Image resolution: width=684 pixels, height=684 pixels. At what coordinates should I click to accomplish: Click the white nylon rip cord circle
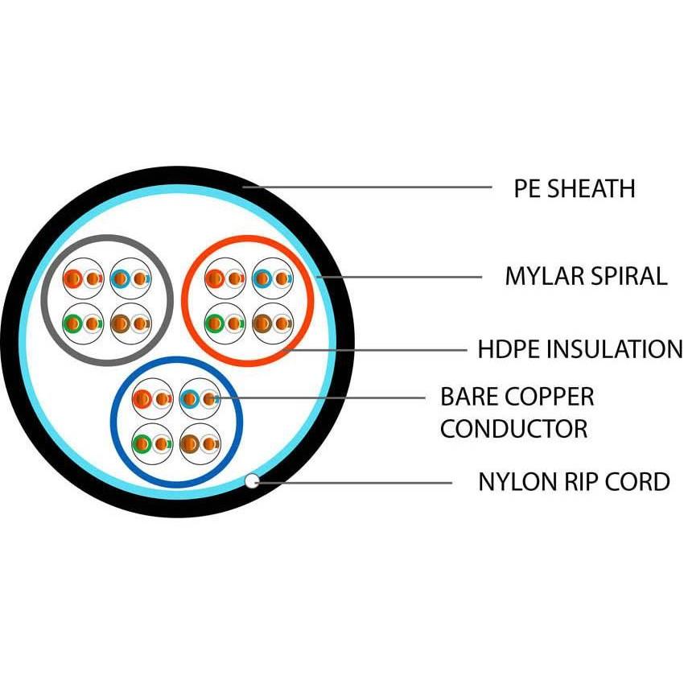coord(252,481)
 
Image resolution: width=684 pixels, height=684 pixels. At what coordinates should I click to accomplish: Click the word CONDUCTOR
coord(513,428)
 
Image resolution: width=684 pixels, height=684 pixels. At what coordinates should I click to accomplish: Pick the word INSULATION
coord(615,349)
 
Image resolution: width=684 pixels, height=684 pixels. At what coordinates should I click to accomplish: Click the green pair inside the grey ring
coord(83,323)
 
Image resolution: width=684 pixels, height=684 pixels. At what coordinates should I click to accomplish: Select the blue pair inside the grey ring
coord(130,279)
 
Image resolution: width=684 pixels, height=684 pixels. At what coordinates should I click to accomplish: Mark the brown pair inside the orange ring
coord(271,323)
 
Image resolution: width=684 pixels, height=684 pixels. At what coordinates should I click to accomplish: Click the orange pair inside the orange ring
coord(225,279)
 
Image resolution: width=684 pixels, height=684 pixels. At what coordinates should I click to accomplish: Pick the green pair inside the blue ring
coord(152,443)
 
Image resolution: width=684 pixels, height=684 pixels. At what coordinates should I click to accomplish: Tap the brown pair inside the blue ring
coord(200,443)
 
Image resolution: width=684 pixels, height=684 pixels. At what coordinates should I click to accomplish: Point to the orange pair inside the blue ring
coord(152,398)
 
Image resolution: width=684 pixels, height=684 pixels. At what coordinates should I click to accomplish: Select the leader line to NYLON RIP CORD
coord(354,483)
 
